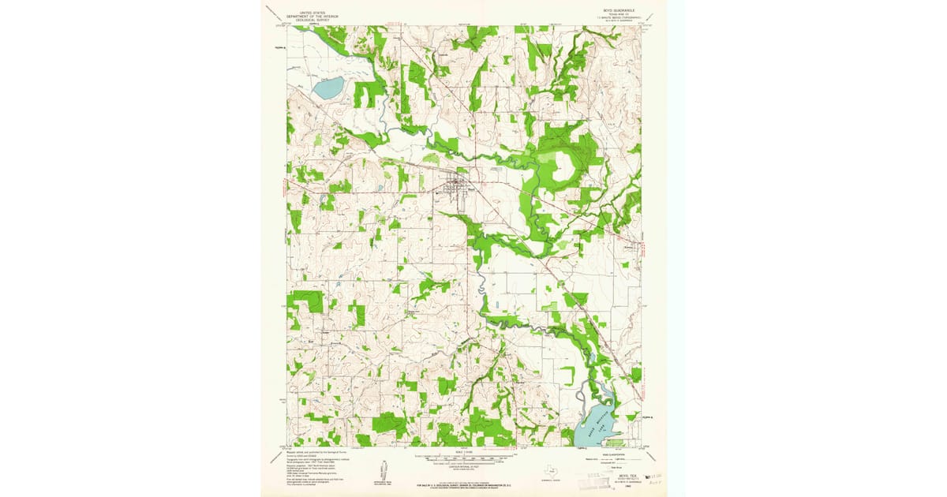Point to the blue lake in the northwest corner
[x=328, y=87]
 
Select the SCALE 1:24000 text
[x=464, y=451]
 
